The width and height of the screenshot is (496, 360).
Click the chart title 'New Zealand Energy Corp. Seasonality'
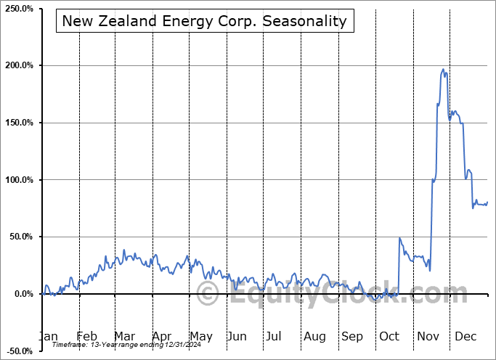point(205,21)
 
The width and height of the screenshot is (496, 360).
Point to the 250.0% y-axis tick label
point(18,9)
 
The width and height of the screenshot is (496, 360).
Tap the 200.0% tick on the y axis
point(18,65)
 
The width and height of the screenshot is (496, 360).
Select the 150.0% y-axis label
point(18,123)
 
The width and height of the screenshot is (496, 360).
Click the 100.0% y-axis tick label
point(18,180)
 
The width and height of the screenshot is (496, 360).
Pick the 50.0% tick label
point(20,237)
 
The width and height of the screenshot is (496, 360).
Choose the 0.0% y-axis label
point(22,294)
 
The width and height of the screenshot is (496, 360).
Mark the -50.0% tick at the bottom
point(18,351)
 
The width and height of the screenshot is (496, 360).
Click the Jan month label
point(49,336)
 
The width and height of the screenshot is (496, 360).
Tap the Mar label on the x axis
point(124,336)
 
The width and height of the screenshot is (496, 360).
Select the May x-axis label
point(200,336)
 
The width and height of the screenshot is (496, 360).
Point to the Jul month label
point(274,336)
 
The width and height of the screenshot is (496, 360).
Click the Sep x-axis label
point(352,336)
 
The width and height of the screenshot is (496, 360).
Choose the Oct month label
point(389,336)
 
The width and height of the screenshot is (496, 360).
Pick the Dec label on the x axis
point(465,336)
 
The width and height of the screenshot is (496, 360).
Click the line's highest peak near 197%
point(443,70)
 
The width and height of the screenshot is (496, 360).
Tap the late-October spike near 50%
point(399,238)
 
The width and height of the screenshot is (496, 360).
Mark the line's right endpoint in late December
point(487,202)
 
